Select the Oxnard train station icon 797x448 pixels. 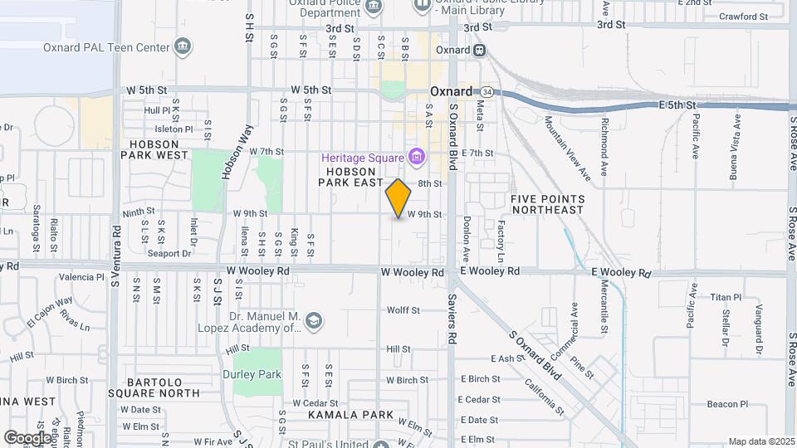click(x=480, y=50)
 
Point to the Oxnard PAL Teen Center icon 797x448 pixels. click(x=185, y=47)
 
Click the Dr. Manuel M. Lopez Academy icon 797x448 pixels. click(x=313, y=320)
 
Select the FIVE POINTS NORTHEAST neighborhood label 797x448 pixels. click(x=548, y=204)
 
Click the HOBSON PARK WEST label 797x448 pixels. click(x=154, y=149)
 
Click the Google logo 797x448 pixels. click(x=27, y=437)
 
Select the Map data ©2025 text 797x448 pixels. click(x=761, y=441)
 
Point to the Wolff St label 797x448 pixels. click(x=403, y=310)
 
